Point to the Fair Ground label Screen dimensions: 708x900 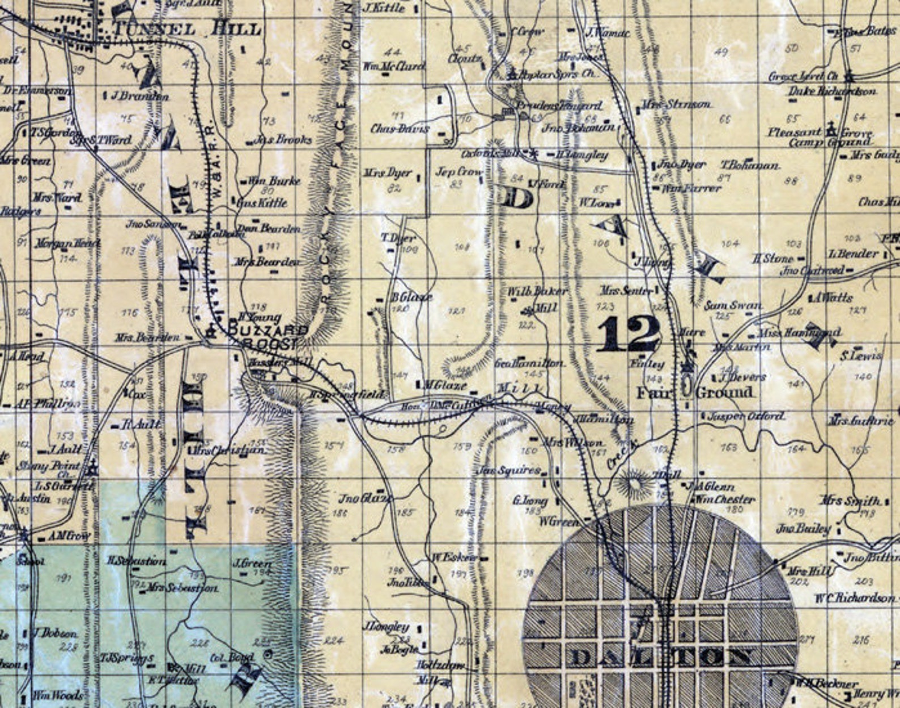coord(694,392)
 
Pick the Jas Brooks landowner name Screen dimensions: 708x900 coord(283,139)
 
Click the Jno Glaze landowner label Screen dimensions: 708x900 coord(365,499)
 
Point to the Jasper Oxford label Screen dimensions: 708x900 coord(746,417)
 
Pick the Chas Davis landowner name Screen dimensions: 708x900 coord(400,129)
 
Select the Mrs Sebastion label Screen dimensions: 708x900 coord(181,588)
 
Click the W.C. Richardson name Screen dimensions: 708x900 coord(855,599)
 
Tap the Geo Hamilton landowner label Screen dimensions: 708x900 coord(529,363)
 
